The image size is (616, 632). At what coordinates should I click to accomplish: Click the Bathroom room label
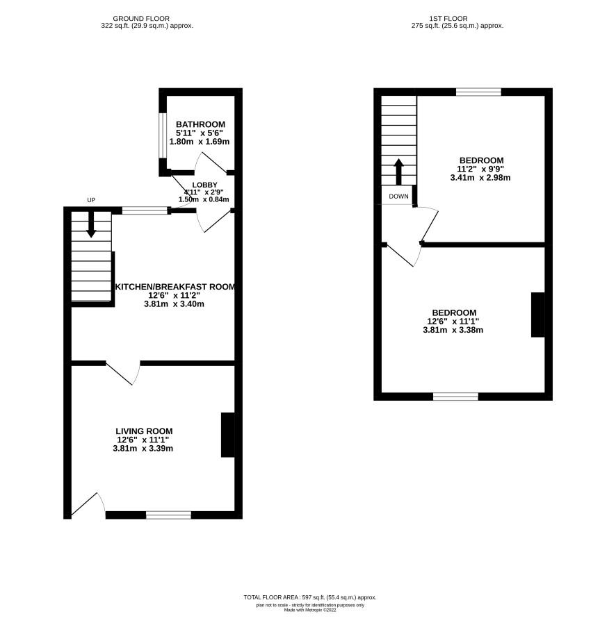[200, 124]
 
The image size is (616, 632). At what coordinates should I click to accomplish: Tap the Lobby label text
[204, 185]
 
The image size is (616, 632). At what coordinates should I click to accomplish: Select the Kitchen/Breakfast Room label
[175, 287]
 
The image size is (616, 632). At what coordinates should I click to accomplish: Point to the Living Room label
[144, 431]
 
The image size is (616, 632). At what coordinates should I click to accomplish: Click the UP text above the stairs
[91, 200]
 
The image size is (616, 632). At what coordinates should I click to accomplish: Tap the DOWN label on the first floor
[398, 197]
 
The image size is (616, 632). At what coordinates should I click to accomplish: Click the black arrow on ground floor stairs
[91, 224]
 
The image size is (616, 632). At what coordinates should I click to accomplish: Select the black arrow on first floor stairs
[398, 172]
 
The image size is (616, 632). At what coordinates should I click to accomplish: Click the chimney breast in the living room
[228, 435]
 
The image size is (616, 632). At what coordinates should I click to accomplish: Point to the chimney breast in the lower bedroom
[538, 315]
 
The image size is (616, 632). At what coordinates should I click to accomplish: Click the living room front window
[169, 515]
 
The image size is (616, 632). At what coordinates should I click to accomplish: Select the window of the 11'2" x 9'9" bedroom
[479, 92]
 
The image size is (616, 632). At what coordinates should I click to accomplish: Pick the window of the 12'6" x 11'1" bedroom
[456, 397]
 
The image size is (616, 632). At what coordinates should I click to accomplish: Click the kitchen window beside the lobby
[145, 210]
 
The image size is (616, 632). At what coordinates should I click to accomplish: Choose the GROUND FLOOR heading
[141, 19]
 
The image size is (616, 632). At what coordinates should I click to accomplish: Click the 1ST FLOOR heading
[448, 19]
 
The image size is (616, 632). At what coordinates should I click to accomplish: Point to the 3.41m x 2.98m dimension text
[480, 178]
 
